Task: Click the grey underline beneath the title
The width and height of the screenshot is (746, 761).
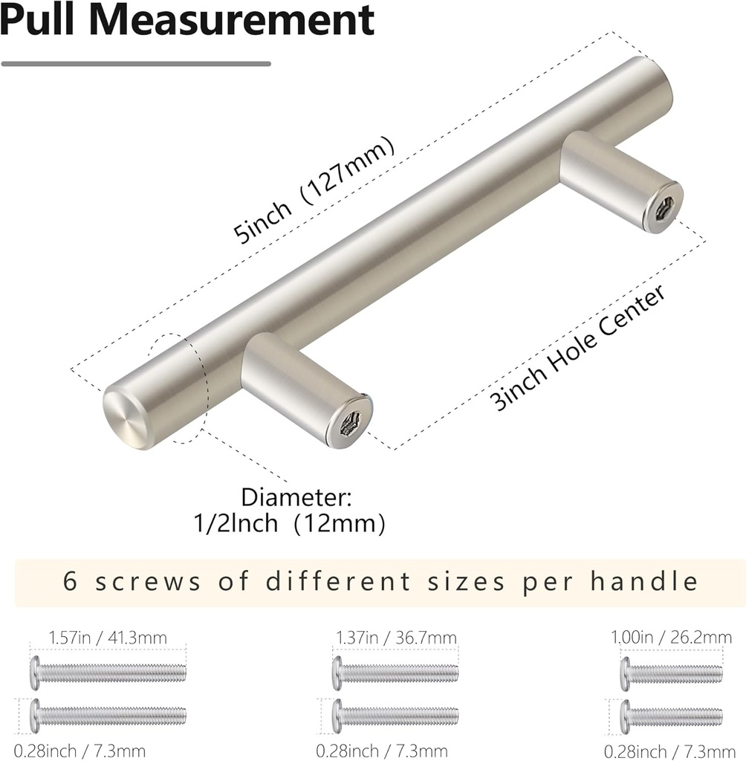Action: point(136,64)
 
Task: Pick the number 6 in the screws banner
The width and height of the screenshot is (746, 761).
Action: point(71,580)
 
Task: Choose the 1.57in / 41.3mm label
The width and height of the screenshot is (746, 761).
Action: point(108,637)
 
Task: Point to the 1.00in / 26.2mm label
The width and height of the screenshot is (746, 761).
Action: point(671,637)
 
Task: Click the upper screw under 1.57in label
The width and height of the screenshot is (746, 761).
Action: point(108,672)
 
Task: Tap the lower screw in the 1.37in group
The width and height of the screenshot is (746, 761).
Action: point(396,715)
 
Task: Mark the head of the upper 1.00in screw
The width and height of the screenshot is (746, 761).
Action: point(625,673)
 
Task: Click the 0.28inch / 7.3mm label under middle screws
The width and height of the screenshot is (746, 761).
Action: point(381,751)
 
